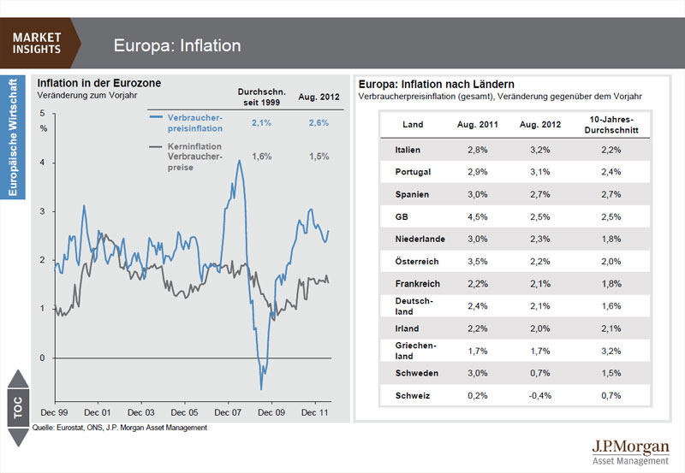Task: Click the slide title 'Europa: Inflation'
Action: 177,45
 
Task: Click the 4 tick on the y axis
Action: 43,163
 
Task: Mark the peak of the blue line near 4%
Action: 239,160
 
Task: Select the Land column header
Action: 413,125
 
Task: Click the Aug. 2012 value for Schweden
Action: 540,374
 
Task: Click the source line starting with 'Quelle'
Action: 120,427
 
